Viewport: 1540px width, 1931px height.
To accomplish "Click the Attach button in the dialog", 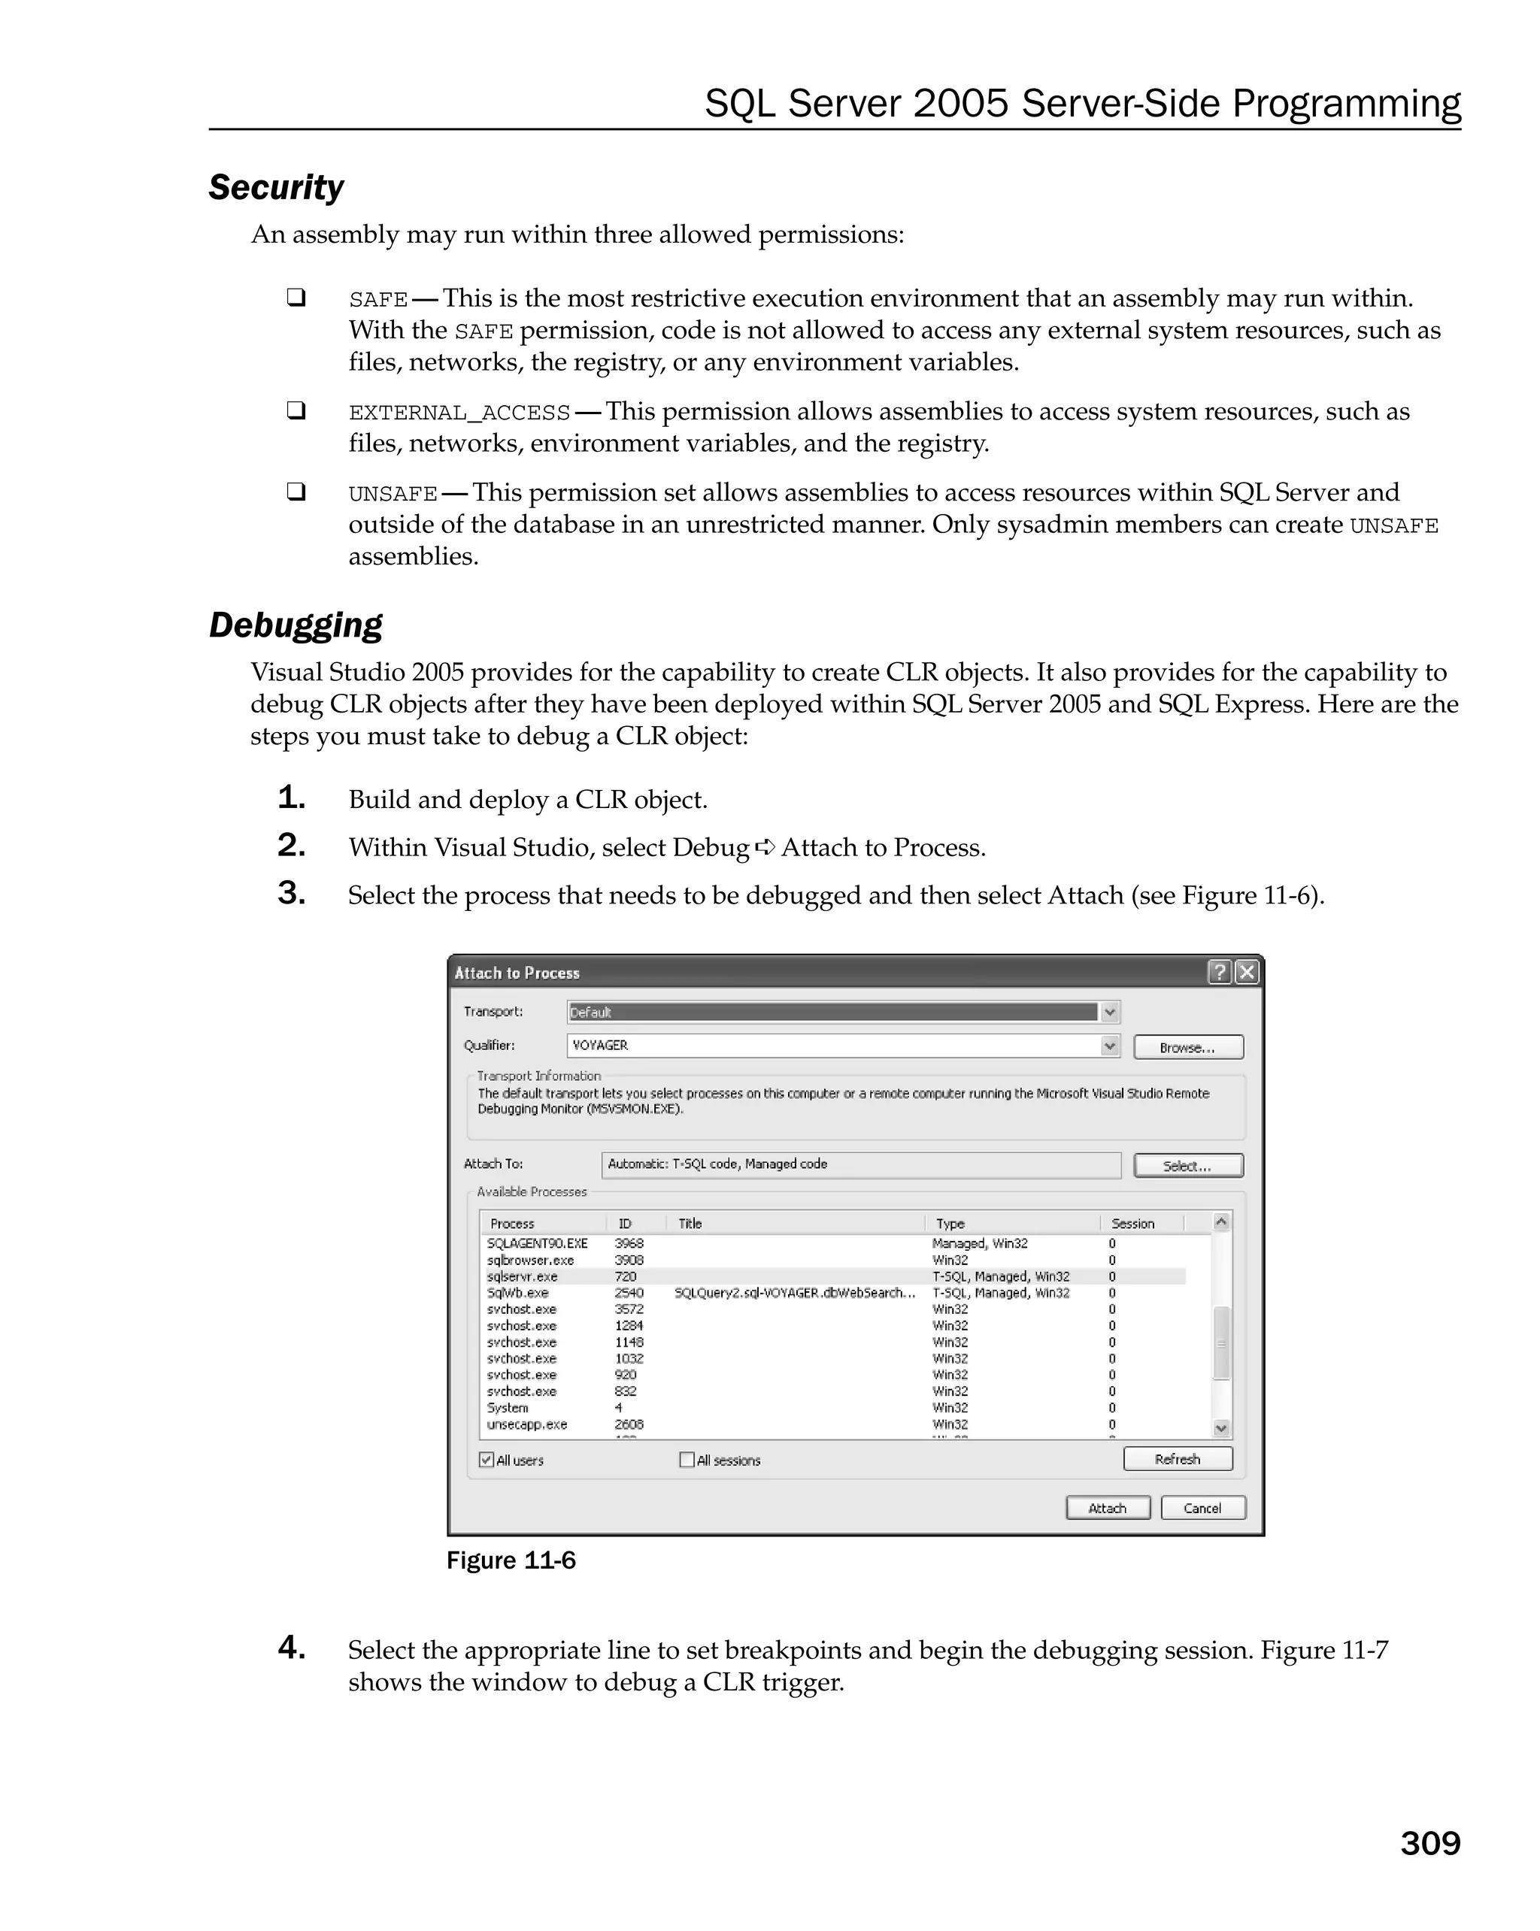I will (x=1108, y=1509).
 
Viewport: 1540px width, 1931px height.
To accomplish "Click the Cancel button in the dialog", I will (x=1202, y=1509).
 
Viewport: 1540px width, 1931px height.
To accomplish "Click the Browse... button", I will (x=1188, y=1047).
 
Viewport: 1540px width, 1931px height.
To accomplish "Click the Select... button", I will (x=1188, y=1165).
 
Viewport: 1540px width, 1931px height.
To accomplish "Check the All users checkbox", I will (x=487, y=1460).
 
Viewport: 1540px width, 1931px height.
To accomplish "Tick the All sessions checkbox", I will (x=687, y=1460).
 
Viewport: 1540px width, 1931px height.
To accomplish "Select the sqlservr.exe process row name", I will (x=523, y=1276).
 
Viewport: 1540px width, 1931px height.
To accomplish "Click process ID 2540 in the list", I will (x=629, y=1292).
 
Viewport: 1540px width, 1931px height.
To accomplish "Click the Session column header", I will (x=1132, y=1224).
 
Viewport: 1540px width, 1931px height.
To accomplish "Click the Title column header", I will (x=690, y=1224).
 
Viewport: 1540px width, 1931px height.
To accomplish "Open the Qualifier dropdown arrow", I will (x=1110, y=1046).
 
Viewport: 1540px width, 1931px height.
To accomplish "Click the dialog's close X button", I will (x=1246, y=973).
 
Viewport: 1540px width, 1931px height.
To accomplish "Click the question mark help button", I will (x=1219, y=973).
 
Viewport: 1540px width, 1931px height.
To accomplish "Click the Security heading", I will (x=276, y=188).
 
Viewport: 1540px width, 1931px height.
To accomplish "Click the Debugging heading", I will (x=296, y=625).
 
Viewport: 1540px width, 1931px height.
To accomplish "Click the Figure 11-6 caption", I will (x=511, y=1560).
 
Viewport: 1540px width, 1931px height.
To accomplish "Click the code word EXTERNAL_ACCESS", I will (x=459, y=413).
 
